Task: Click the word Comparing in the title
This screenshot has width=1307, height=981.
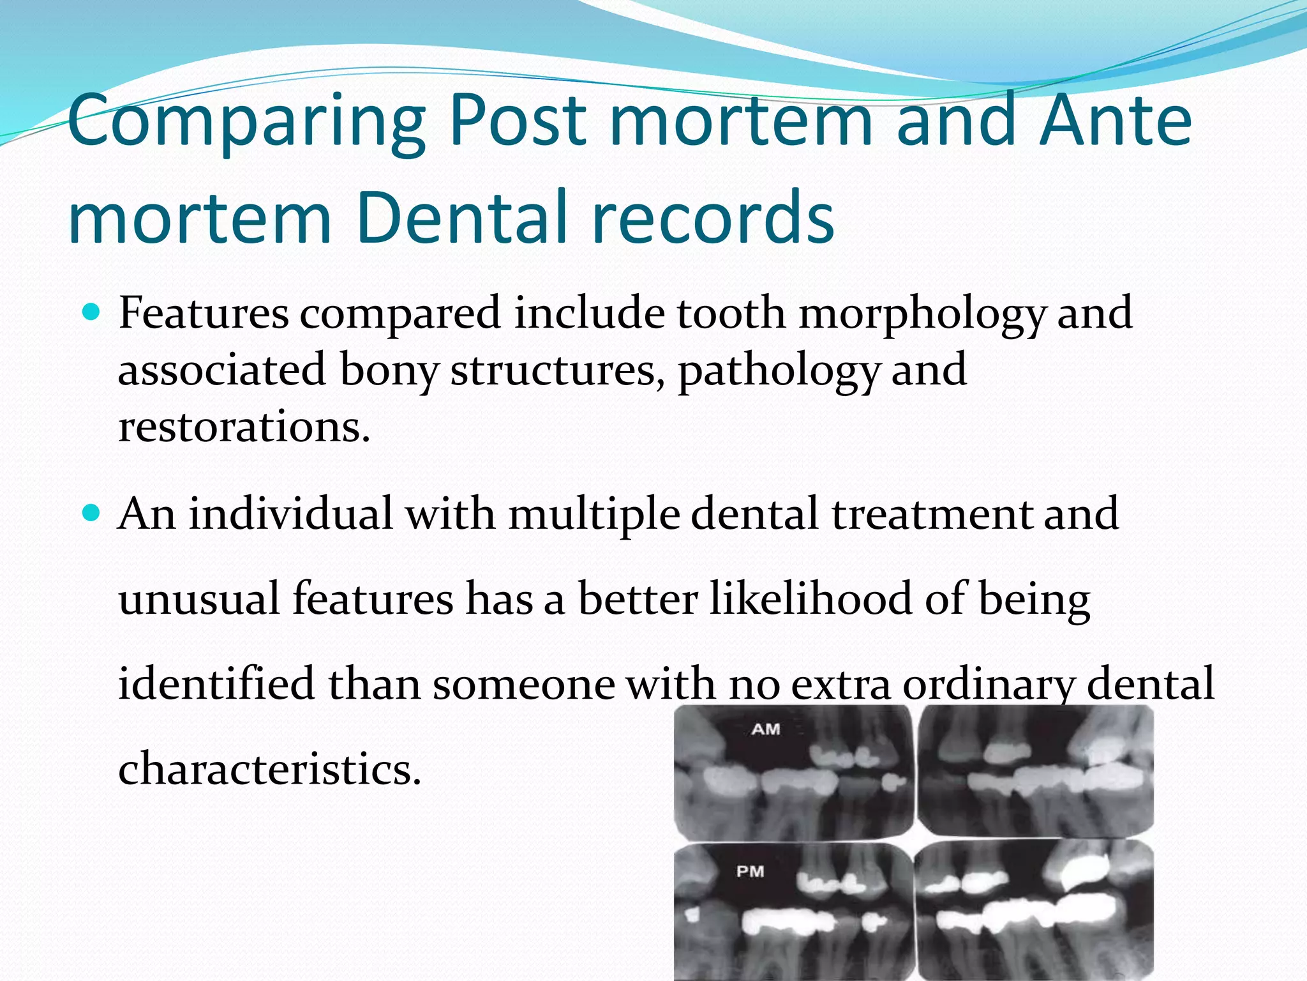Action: [x=246, y=121]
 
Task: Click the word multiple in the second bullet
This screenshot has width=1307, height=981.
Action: [x=594, y=515]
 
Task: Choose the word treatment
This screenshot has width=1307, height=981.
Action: [x=931, y=513]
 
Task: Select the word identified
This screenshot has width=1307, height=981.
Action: [x=216, y=683]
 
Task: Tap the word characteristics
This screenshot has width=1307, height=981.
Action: [x=269, y=768]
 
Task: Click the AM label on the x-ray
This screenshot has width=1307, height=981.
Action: [x=766, y=729]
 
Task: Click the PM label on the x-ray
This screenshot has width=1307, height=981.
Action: [x=750, y=871]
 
